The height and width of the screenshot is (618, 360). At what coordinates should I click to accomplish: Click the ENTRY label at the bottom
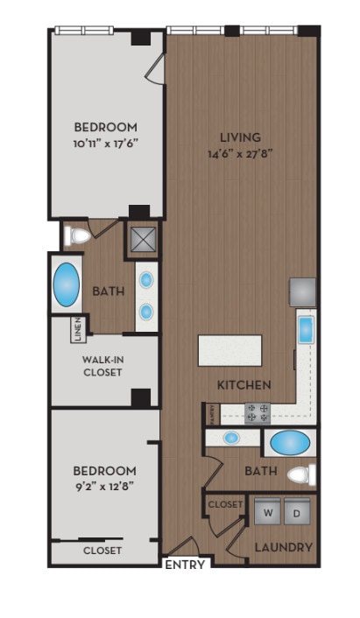pos(185,565)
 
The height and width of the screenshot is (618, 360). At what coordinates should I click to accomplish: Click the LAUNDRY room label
pos(283,547)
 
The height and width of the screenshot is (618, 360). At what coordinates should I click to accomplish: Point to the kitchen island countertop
pos(230,350)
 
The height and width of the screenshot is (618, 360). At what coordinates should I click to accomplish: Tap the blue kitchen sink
pos(306,330)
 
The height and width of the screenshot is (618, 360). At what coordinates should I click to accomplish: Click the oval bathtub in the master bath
pos(67,284)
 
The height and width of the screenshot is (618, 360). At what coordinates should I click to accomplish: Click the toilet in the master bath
pos(78,235)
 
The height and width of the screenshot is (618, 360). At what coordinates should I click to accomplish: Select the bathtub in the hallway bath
pos(289,442)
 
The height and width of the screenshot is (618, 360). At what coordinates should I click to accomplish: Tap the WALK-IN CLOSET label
pos(102,365)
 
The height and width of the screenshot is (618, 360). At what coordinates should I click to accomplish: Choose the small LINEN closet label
pos(79,329)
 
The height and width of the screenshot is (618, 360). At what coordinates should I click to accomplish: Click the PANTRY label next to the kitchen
pos(211,411)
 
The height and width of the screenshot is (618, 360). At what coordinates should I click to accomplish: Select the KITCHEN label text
pos(244,384)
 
